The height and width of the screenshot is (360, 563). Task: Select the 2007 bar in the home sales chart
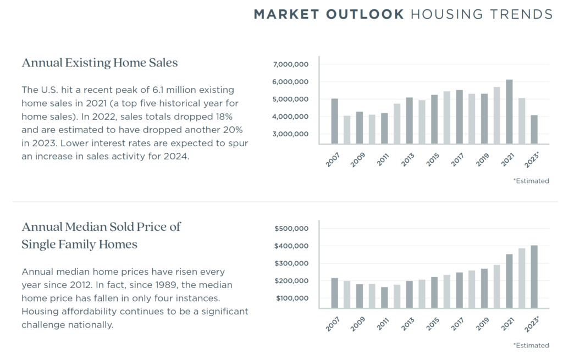click(334, 121)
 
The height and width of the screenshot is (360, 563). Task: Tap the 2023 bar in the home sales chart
click(534, 129)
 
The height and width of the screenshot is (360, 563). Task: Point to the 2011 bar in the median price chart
click(384, 297)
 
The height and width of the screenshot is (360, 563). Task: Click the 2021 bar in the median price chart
click(509, 281)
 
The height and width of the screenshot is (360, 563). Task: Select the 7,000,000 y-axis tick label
click(291, 64)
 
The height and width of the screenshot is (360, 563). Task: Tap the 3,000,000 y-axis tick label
click(291, 134)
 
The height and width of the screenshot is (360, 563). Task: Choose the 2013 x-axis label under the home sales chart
click(407, 159)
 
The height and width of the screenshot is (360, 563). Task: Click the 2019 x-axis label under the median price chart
click(482, 323)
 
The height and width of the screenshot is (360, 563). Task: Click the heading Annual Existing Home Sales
click(100, 63)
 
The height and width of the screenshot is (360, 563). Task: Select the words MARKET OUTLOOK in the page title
click(329, 14)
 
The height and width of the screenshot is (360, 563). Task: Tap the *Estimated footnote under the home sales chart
click(531, 181)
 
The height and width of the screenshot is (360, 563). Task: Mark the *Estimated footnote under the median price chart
click(531, 345)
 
